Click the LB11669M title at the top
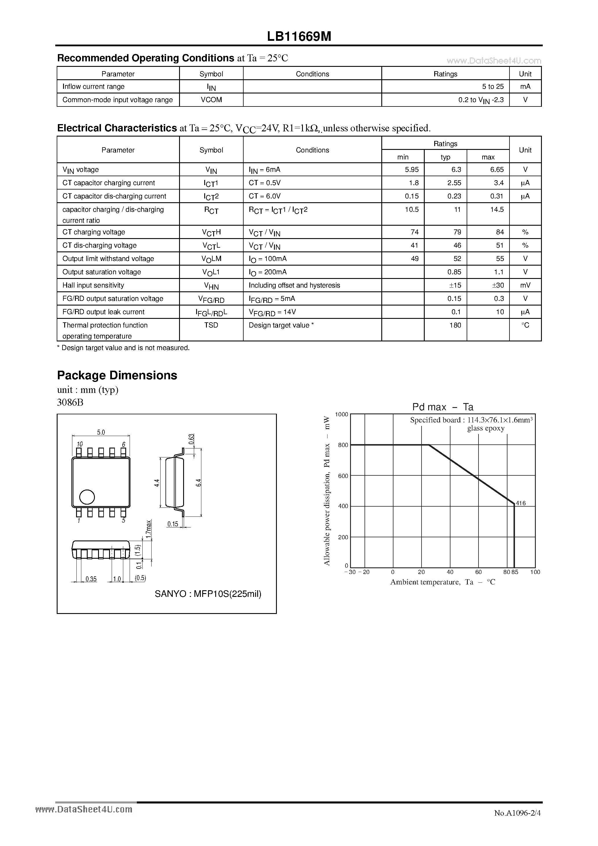(x=299, y=36)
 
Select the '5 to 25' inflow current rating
(x=493, y=87)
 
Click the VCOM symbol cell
(x=211, y=100)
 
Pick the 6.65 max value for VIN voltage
(x=497, y=170)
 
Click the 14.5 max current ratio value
(x=497, y=209)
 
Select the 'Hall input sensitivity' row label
(x=93, y=285)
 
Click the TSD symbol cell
(x=211, y=325)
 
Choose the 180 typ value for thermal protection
(x=455, y=325)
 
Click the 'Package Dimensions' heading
(x=117, y=375)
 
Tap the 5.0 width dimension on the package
(x=101, y=432)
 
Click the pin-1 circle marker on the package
(x=87, y=497)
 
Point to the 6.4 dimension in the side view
(x=198, y=483)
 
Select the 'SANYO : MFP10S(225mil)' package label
(x=208, y=594)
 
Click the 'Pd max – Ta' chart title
(x=443, y=407)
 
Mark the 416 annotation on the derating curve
(x=521, y=503)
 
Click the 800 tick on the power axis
(x=343, y=445)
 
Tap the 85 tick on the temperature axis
(x=515, y=572)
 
